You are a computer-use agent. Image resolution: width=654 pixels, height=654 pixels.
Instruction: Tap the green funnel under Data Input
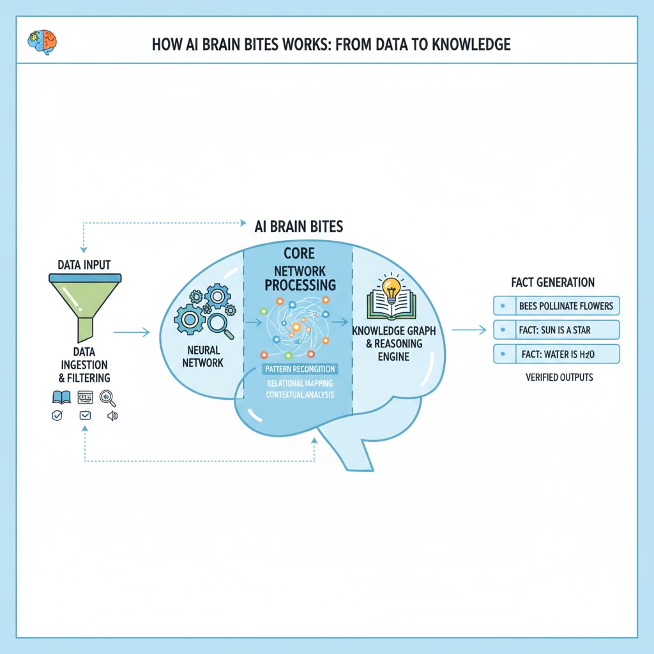pos(85,307)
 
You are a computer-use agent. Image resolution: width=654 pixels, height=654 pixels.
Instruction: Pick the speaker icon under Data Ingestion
pos(112,416)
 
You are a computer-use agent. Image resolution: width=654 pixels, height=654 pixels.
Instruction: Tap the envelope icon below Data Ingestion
pos(85,416)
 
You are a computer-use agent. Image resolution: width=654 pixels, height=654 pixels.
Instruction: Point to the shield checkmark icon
pos(57,416)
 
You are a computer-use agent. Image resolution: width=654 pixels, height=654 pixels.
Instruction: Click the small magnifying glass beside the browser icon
pos(109,398)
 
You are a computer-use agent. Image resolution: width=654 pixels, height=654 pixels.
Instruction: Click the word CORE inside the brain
pos(299,254)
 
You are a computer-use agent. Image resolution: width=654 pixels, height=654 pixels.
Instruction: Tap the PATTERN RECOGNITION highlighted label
pos(300,369)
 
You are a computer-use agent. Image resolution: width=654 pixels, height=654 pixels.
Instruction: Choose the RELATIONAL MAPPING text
pos(299,383)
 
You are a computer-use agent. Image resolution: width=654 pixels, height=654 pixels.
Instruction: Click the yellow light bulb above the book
pos(390,285)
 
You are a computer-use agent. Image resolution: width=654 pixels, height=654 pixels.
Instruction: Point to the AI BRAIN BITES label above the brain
pos(298,226)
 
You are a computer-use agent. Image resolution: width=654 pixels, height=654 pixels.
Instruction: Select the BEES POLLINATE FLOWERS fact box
pos(556,306)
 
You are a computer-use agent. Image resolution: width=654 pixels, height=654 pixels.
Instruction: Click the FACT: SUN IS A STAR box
pos(556,330)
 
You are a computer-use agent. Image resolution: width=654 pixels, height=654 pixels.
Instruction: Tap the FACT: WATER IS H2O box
pos(556,353)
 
